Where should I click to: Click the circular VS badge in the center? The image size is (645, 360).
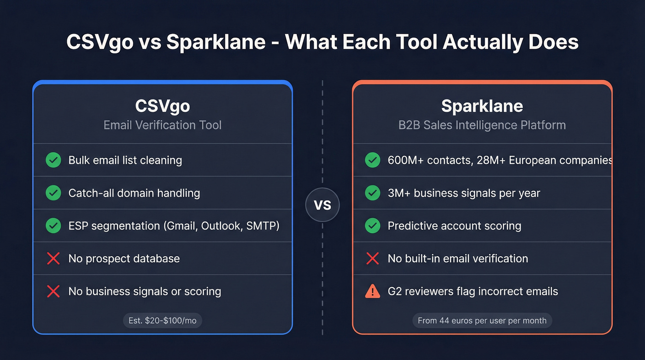pyautogui.click(x=322, y=205)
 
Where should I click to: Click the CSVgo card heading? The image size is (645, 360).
pyautogui.click(x=162, y=106)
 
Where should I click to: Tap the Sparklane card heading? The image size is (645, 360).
pyautogui.click(x=482, y=106)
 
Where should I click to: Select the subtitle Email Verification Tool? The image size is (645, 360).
pyautogui.click(x=162, y=125)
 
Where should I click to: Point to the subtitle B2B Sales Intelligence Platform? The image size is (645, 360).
pyautogui.click(x=482, y=125)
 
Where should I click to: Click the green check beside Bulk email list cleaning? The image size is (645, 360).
pyautogui.click(x=53, y=160)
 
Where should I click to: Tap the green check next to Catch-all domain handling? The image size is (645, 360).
pyautogui.click(x=53, y=193)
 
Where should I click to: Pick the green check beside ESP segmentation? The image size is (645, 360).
pyautogui.click(x=53, y=226)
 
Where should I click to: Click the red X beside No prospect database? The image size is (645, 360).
pyautogui.click(x=53, y=259)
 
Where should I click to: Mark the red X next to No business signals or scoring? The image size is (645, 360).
pyautogui.click(x=53, y=291)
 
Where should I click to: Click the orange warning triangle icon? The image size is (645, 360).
pyautogui.click(x=372, y=291)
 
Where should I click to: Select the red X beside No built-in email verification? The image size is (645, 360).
pyautogui.click(x=372, y=259)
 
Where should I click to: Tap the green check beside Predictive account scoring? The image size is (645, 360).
pyautogui.click(x=372, y=226)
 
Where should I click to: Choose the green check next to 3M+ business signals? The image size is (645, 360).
pyautogui.click(x=372, y=193)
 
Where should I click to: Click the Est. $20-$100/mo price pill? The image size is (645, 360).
pyautogui.click(x=162, y=320)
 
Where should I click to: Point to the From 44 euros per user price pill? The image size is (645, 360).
pyautogui.click(x=482, y=320)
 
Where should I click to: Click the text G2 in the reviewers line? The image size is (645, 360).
pyautogui.click(x=395, y=291)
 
